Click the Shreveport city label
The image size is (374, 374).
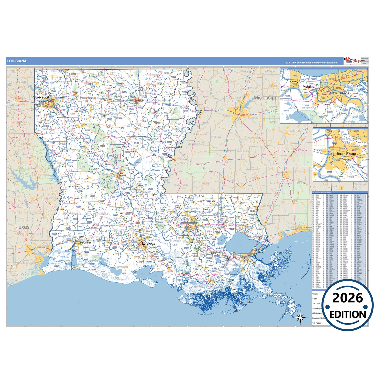pos(41,97)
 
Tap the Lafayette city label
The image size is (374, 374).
pos(149,244)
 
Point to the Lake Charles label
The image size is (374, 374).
pos(85,243)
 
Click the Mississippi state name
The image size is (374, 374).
pos(266,98)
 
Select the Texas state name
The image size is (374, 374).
pos(23,227)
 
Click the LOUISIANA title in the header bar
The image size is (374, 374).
pos(17,61)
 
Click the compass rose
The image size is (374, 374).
pos(300,317)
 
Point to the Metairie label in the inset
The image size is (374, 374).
pos(308,87)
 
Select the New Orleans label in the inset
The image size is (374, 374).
pos(339,93)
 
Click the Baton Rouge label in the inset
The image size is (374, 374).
pos(346,154)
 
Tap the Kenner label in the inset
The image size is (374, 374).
pos(294,82)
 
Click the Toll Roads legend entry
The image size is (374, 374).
pos(317,323)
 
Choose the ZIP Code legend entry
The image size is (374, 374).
pos(316,304)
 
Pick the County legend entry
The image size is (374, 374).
pos(315,294)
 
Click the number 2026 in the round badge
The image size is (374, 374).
pos(348,298)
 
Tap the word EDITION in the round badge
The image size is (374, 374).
pos(348,314)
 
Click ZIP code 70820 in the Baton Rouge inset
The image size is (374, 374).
pos(329,172)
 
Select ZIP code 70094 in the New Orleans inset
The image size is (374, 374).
pos(306,106)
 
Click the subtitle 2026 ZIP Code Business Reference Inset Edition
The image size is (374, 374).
pos(311,63)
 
